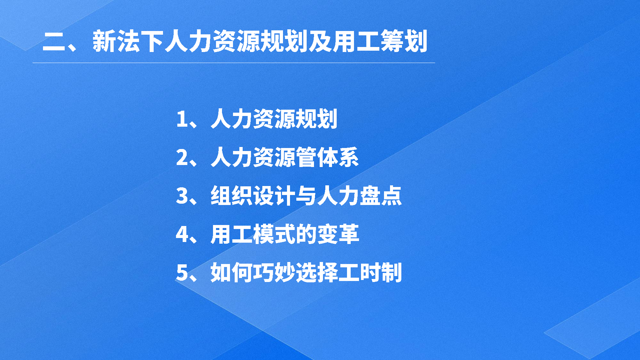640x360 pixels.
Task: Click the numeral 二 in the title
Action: pos(54,42)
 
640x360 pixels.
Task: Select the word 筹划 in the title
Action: pos(404,41)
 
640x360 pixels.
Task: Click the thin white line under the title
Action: pos(234,63)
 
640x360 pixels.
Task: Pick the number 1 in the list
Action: pos(182,119)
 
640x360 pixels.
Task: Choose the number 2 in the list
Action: pos(182,157)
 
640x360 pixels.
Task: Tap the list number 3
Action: pos(182,196)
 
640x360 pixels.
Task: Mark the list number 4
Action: pos(182,234)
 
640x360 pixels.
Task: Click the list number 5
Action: pos(182,273)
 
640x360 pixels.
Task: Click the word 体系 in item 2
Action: pos(338,157)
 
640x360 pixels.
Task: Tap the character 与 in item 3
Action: pos(306,196)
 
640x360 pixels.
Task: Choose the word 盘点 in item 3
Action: pos(380,196)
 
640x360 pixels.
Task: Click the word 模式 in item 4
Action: pos(274,234)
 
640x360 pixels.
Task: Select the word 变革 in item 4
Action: pos(338,234)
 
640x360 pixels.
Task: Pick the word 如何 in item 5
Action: pos(232,273)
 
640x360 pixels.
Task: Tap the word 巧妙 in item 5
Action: pos(274,273)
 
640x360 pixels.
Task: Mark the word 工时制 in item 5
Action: pos(370,273)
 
